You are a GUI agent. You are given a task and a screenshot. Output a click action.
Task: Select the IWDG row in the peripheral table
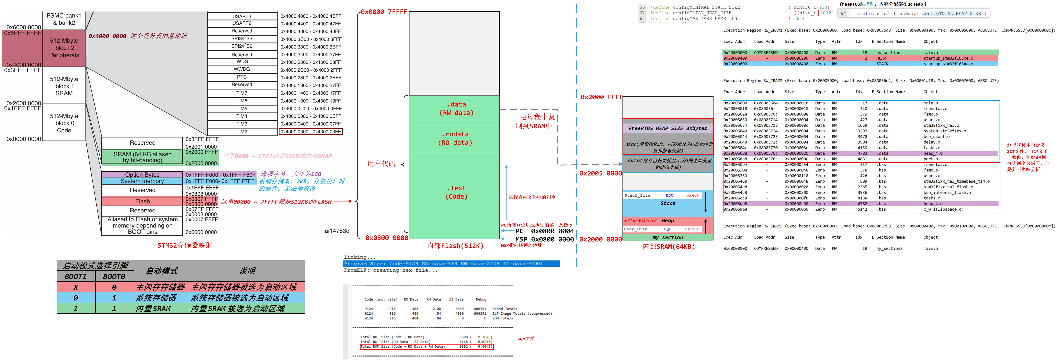point(242,62)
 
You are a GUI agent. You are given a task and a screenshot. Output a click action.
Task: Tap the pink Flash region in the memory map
point(142,201)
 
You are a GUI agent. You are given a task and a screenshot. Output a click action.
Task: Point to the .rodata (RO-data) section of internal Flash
point(455,138)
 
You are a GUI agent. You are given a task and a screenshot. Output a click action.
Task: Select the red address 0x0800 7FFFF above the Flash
point(383,12)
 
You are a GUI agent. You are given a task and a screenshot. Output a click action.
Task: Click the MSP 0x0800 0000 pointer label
point(544,239)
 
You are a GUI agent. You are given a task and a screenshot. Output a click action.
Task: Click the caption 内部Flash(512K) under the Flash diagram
point(455,246)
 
